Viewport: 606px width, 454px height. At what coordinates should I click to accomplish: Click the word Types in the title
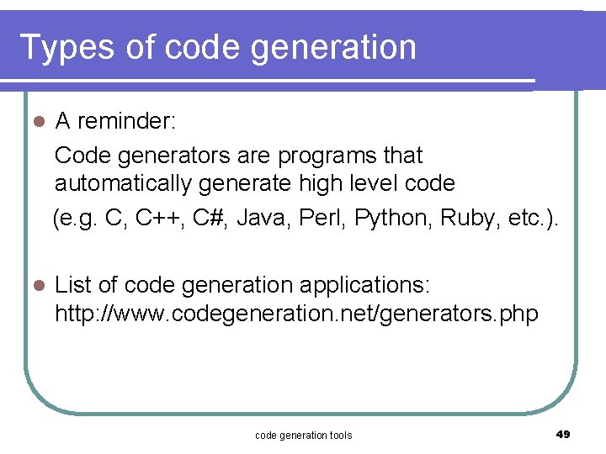pyautogui.click(x=67, y=48)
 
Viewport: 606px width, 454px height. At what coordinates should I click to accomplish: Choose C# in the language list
pyautogui.click(x=210, y=219)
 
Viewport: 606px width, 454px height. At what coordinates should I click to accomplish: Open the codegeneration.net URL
pyautogui.click(x=296, y=314)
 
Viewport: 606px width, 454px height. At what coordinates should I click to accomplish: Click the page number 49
pyautogui.click(x=563, y=434)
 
